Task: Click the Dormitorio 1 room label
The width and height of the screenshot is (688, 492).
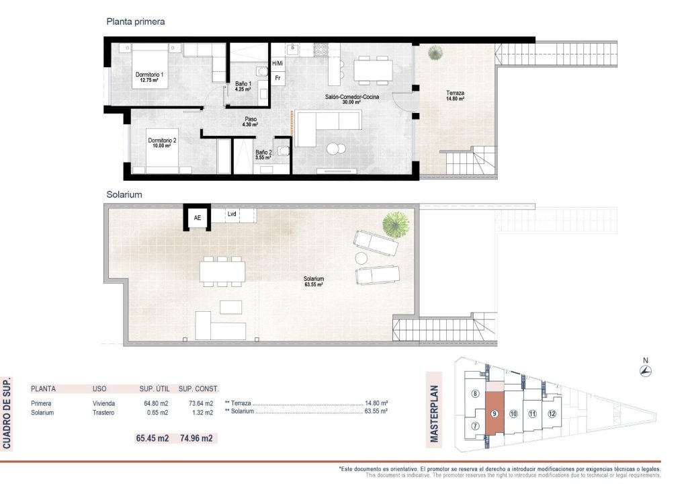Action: pos(149,77)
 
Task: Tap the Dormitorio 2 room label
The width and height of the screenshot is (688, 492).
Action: pos(162,142)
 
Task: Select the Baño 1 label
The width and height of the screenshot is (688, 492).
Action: pos(243,85)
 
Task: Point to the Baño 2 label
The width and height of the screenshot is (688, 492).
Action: pos(263,155)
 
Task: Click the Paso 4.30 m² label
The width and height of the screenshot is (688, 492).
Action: pos(250,122)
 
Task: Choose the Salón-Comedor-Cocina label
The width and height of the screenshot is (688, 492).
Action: pos(352,99)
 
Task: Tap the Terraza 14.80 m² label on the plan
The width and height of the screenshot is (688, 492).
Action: pos(455,95)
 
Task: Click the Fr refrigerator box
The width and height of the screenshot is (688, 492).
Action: pos(277,78)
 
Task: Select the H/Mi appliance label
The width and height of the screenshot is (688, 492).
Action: pos(277,63)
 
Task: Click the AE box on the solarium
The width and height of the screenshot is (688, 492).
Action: pos(198,217)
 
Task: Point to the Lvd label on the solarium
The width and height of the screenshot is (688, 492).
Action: pos(232,214)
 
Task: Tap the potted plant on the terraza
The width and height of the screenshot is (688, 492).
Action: pos(436,52)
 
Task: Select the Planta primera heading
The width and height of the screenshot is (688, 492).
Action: pos(136,22)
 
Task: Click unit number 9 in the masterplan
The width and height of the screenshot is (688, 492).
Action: pos(494,414)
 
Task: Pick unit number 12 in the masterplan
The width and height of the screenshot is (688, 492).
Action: pos(552,414)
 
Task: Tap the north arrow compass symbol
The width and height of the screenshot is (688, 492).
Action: pos(646,371)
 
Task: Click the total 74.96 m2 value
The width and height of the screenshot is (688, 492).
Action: pos(196,438)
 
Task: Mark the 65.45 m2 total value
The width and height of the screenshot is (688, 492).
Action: pos(153,438)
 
